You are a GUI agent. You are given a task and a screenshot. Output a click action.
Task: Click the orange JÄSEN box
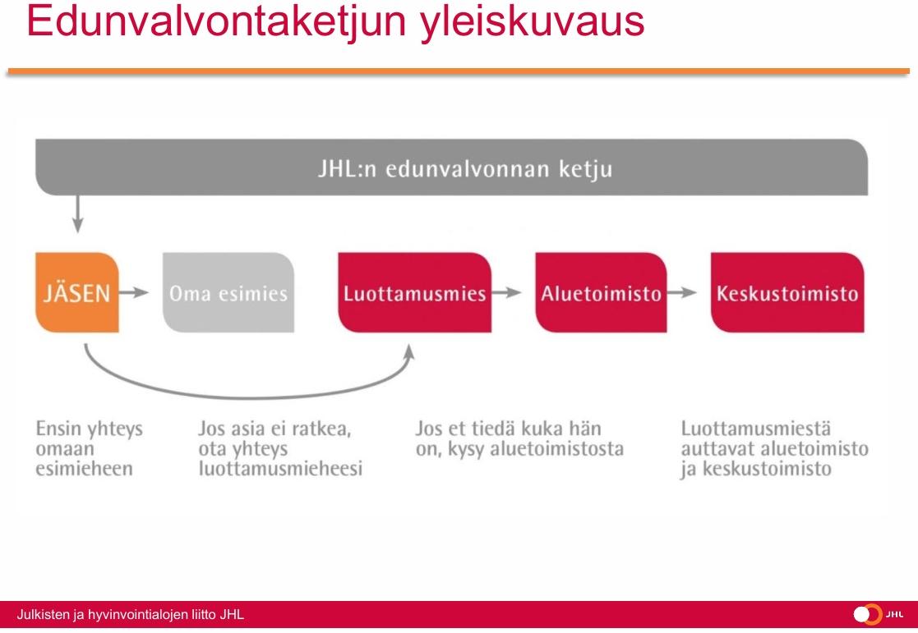coord(77,292)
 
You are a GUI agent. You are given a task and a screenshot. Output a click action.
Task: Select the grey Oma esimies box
coord(228,292)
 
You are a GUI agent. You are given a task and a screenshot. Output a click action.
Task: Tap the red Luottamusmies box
coord(414,292)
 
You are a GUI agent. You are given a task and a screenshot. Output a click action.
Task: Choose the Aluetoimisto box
coord(601,292)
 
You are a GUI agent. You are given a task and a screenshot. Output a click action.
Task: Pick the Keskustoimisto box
coord(787,292)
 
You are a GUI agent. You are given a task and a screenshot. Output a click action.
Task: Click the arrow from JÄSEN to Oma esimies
coord(134,292)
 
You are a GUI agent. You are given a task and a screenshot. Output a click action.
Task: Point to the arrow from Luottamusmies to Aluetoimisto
coord(506,292)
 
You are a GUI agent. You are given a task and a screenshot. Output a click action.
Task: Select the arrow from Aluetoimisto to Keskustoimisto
coord(681,292)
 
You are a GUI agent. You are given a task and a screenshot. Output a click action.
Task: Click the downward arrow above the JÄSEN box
coord(77,214)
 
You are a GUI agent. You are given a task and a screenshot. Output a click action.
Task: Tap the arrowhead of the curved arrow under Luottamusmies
coord(409,352)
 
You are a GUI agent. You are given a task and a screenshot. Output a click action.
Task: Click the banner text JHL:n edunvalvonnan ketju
coord(465,169)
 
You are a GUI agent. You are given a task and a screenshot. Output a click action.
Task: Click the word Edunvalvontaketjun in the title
coord(217,21)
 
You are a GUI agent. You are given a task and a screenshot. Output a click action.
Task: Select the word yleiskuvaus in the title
coord(533,21)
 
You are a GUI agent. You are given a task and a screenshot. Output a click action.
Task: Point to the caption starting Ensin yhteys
coord(89,448)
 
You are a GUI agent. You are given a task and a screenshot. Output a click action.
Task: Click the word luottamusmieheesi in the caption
coord(280,469)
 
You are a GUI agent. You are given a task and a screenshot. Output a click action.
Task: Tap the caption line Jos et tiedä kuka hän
coord(508,429)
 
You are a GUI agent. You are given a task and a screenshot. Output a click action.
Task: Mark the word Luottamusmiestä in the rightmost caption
coord(756,429)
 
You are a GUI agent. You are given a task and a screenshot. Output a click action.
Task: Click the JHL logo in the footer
coord(879,614)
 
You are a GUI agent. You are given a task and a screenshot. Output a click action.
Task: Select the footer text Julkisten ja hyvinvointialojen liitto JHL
coord(130,615)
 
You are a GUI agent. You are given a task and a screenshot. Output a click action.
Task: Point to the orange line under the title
coord(459,71)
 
